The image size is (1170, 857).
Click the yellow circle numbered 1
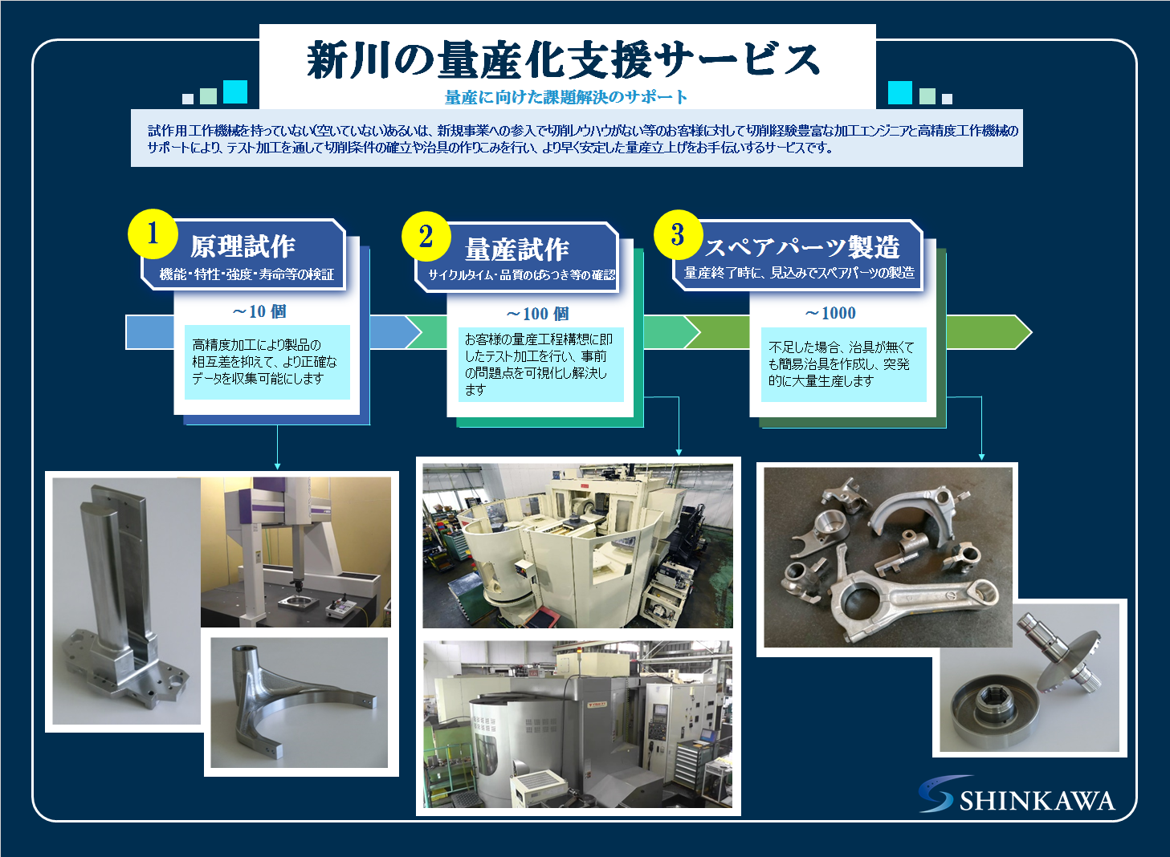(x=153, y=234)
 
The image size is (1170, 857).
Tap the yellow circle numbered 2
(x=426, y=236)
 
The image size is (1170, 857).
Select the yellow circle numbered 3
(x=678, y=234)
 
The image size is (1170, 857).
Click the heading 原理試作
(x=243, y=246)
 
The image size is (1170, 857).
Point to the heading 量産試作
(x=516, y=249)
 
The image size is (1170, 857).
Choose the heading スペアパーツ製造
(x=802, y=247)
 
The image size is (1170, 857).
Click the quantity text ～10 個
(x=259, y=311)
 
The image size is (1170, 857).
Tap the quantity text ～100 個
(x=537, y=314)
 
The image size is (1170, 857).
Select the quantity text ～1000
(x=830, y=313)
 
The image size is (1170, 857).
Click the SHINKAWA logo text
(x=1038, y=801)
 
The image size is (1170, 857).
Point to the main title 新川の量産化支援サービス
(x=563, y=60)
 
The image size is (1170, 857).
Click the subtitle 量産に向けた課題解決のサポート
(x=565, y=96)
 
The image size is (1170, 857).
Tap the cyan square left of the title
(x=235, y=91)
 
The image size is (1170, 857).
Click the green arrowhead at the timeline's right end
(x=1018, y=332)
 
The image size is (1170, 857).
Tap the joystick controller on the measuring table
(x=340, y=607)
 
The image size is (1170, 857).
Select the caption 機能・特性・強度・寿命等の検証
(x=247, y=274)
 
